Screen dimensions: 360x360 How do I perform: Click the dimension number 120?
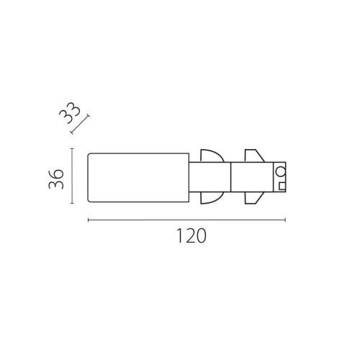pyautogui.click(x=192, y=235)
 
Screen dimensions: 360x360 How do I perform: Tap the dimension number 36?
pyautogui.click(x=56, y=179)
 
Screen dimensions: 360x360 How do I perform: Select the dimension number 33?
pyautogui.click(x=70, y=113)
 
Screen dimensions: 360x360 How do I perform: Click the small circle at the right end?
pyautogui.click(x=280, y=171)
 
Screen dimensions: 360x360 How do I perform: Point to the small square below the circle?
pyautogui.click(x=282, y=186)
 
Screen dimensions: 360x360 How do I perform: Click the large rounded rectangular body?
pyautogui.click(x=138, y=178)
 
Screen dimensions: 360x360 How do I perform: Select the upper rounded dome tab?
pyautogui.click(x=212, y=156)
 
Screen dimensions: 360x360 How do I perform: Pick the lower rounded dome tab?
pyautogui.click(x=212, y=198)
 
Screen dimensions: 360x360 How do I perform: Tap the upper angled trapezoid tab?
pyautogui.click(x=254, y=156)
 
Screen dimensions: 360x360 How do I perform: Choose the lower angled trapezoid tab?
pyautogui.click(x=254, y=198)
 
